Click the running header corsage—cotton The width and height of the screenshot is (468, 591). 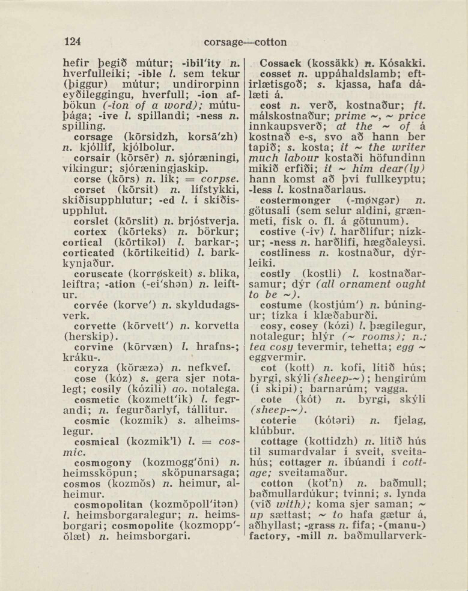click(245, 42)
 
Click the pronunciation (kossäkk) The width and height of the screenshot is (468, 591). click(338, 62)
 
